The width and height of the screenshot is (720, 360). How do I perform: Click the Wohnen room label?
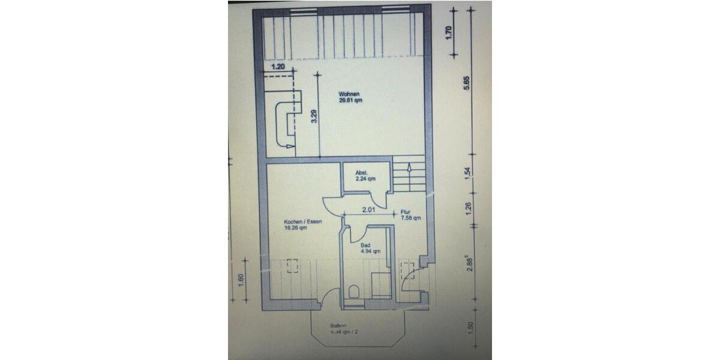click(x=349, y=94)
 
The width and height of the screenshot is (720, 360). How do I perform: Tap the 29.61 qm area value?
click(x=350, y=101)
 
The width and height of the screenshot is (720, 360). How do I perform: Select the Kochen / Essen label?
click(x=303, y=221)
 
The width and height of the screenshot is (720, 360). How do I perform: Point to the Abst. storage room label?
click(x=361, y=173)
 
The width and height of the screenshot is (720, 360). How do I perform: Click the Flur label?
click(x=406, y=212)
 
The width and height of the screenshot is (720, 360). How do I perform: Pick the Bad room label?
click(x=365, y=245)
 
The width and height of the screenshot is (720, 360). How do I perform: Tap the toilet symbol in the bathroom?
click(x=353, y=293)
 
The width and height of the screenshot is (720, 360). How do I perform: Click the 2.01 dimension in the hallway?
click(x=368, y=211)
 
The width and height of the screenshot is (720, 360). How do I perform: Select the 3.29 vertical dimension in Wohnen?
click(x=313, y=117)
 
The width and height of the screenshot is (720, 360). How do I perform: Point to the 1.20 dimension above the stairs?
click(x=278, y=67)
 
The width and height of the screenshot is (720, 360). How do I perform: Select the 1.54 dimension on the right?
click(x=468, y=173)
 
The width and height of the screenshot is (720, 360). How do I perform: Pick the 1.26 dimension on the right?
click(x=468, y=208)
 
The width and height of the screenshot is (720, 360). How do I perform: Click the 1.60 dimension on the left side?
click(x=241, y=280)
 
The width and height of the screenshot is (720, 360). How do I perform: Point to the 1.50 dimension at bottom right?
click(x=470, y=328)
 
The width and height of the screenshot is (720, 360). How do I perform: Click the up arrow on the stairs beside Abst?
click(x=409, y=167)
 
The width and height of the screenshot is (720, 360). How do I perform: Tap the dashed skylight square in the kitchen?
click(x=293, y=265)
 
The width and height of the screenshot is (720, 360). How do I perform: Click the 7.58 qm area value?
click(x=411, y=218)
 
